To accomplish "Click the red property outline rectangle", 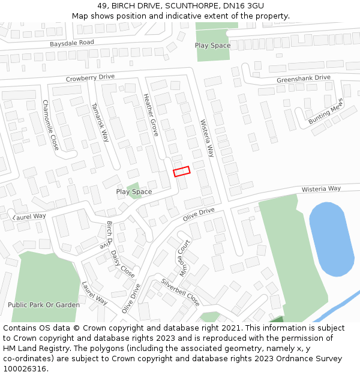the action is coord(182,171).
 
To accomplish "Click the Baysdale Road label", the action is coord(72,43).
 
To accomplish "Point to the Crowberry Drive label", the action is coord(90,77).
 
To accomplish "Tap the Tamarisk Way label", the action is coord(100,122).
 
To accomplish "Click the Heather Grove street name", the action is coord(151,115).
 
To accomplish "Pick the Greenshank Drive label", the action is coord(304,79).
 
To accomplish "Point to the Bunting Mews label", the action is coord(325,110).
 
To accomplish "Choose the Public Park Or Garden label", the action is coord(44,305).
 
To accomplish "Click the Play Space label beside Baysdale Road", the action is coord(212,46).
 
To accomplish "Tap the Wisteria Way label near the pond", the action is coord(321,188).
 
